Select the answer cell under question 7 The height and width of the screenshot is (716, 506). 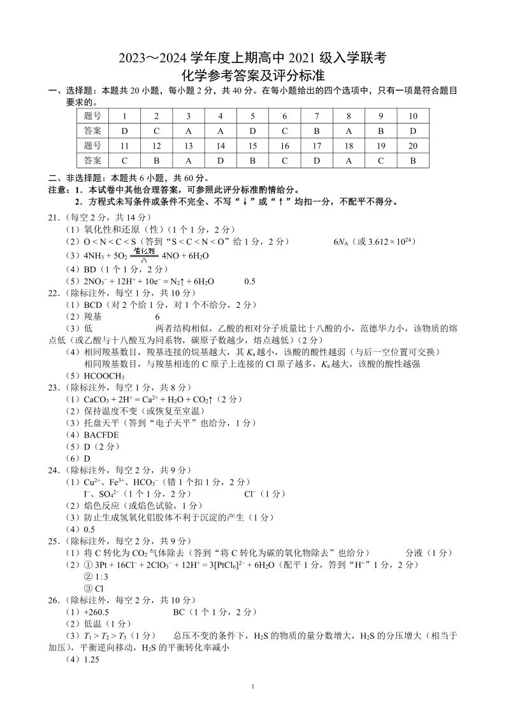tap(317, 131)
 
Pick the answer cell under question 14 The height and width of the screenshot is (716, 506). tap(220, 161)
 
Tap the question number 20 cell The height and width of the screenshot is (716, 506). tap(413, 146)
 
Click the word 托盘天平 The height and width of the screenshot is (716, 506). tap(105, 423)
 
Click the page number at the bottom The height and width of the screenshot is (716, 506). tap(254, 687)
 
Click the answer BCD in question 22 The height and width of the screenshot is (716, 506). tap(94, 305)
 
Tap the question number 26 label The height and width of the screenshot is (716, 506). tap(54, 600)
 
